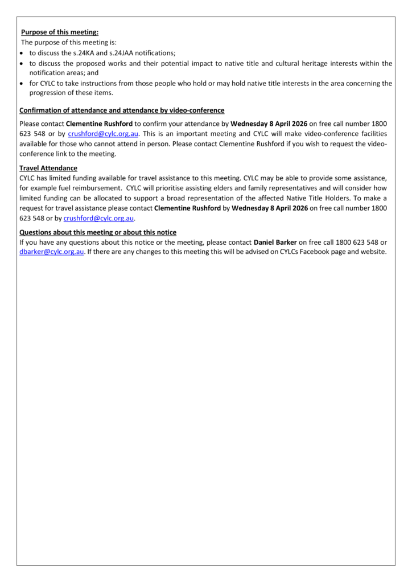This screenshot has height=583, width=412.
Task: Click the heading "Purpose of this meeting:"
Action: (x=60, y=32)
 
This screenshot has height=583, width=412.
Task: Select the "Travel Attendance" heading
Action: (x=48, y=169)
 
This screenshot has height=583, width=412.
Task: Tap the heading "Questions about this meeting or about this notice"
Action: (x=98, y=232)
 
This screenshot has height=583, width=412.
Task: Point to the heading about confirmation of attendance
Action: (x=122, y=110)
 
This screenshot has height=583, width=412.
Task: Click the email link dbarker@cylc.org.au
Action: (x=52, y=252)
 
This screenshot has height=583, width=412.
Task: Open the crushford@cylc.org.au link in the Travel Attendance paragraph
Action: (x=99, y=218)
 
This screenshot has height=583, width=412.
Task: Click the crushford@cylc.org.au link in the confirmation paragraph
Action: (x=104, y=134)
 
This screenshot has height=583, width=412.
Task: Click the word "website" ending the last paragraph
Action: (x=373, y=252)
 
